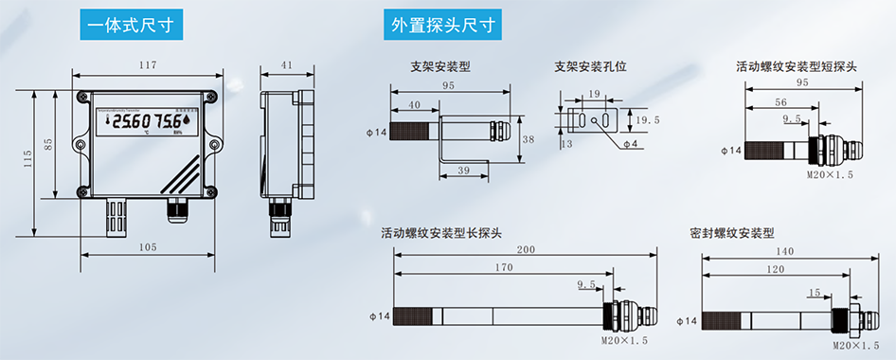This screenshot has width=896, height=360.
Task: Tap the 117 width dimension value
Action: [x=147, y=65]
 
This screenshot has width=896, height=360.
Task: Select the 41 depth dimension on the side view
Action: [x=287, y=65]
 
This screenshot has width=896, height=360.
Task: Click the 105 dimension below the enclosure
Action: [x=147, y=247]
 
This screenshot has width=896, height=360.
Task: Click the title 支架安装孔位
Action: [x=591, y=67]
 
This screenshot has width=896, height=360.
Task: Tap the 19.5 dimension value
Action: [x=648, y=120]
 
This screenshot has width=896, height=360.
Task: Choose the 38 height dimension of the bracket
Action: [x=529, y=139]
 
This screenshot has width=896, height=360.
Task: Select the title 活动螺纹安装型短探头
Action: [x=797, y=67]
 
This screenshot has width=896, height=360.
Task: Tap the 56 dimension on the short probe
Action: [x=780, y=101]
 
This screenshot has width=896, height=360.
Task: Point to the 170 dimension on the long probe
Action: [x=504, y=268]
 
